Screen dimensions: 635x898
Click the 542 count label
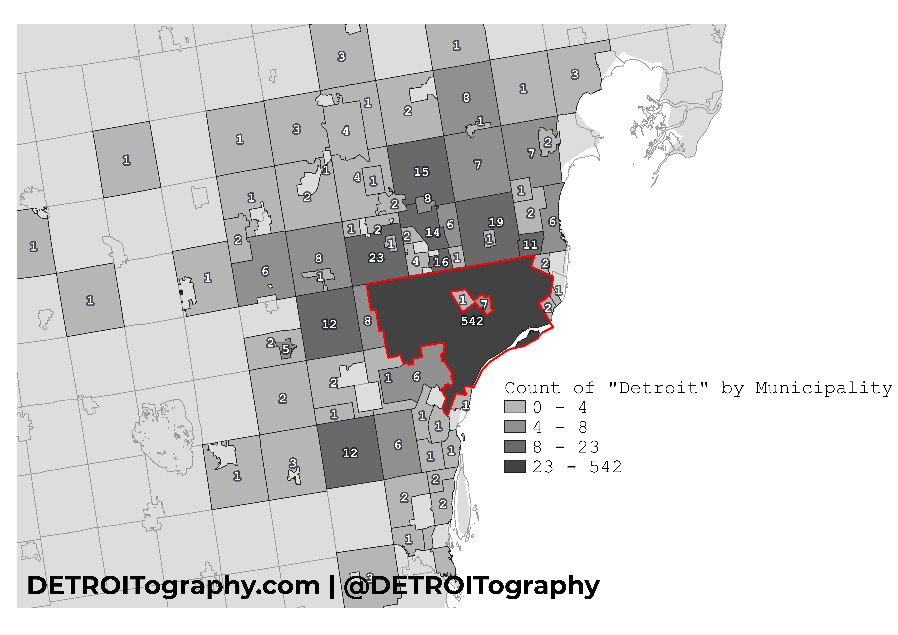[472, 321]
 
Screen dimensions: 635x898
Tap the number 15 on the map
[421, 171]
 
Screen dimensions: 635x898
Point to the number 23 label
[376, 258]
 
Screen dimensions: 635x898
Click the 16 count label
[441, 262]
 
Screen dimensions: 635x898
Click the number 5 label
[286, 349]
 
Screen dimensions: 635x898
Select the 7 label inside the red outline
[484, 304]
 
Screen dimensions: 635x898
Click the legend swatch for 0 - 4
[514, 407]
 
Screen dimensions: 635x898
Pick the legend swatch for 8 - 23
[514, 446]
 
